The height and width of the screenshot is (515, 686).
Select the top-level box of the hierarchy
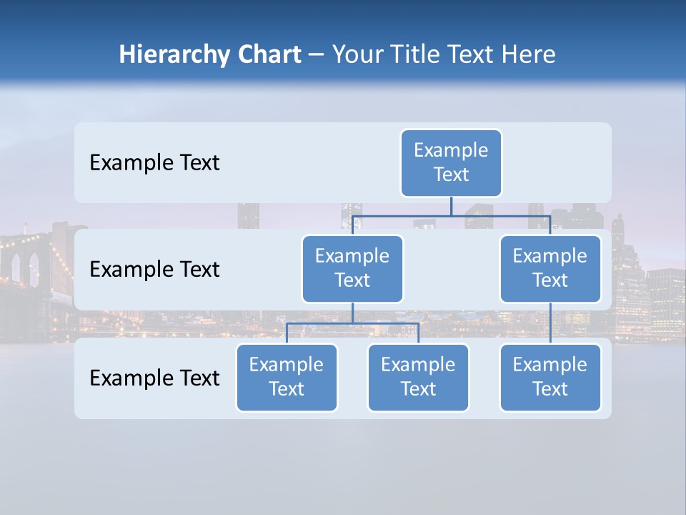point(451,162)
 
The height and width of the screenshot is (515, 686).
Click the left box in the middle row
point(352,268)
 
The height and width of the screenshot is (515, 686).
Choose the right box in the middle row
point(550,268)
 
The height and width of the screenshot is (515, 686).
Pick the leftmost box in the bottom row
point(287,377)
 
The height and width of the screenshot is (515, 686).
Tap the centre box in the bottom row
point(418,377)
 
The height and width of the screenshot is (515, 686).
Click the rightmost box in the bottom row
point(550,377)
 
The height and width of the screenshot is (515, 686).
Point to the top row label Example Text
point(154,163)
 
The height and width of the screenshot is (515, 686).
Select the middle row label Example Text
point(154,270)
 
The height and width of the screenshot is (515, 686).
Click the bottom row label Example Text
point(154,378)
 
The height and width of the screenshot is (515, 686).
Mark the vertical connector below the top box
point(451,206)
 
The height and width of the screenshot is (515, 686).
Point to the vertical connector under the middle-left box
point(352,313)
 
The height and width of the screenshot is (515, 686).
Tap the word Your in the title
point(359,55)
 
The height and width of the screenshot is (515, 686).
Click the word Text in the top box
point(451,175)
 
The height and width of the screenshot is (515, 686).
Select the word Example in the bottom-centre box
point(418,365)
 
